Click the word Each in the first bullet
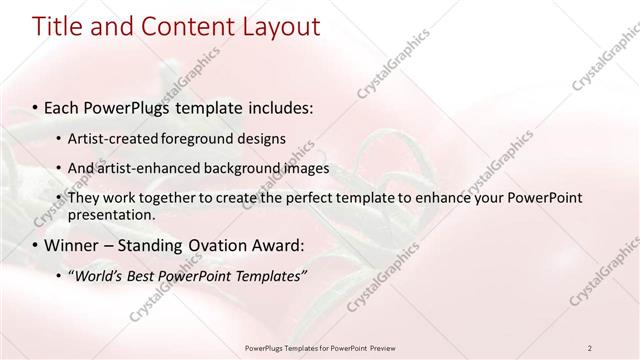[x=62, y=107]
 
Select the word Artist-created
[x=118, y=138]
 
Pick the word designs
[x=267, y=138]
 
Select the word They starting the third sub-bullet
[x=86, y=198]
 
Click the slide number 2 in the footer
[x=590, y=347]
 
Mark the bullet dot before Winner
[x=36, y=245]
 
